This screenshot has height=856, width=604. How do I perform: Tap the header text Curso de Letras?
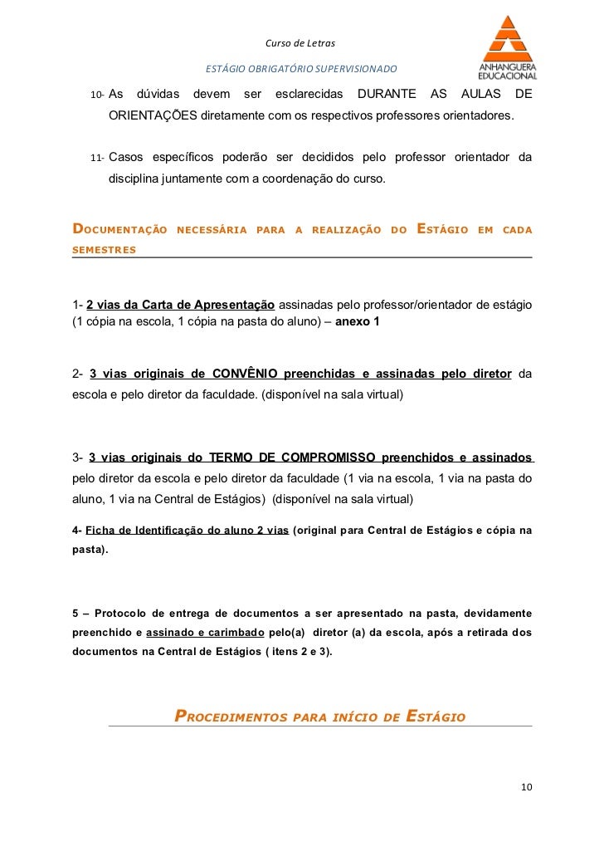pos(299,43)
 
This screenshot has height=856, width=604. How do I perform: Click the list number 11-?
pos(96,158)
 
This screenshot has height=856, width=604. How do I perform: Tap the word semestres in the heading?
pos(105,249)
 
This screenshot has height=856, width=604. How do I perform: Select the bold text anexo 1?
pos(357,320)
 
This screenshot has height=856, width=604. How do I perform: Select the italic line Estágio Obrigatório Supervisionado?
pos(301,67)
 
